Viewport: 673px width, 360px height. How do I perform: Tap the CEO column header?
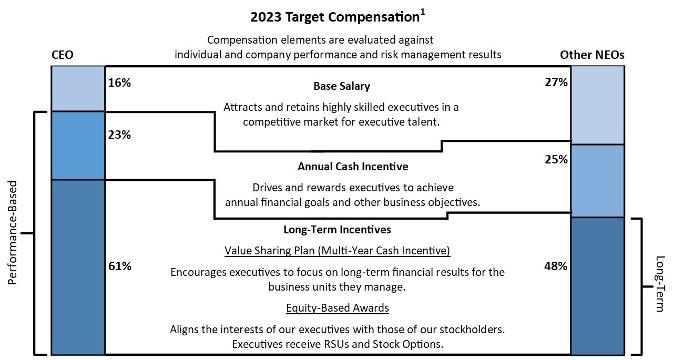(62, 55)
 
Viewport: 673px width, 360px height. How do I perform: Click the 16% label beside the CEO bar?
(119, 83)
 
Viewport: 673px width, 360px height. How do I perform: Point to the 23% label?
(119, 135)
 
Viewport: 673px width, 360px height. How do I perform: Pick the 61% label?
(119, 266)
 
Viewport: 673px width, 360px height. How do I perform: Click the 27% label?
(556, 83)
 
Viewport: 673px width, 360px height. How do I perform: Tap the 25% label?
(556, 159)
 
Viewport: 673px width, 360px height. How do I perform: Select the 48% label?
(556, 266)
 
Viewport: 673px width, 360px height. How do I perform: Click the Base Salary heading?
(342, 86)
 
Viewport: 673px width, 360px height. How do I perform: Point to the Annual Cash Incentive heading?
(353, 167)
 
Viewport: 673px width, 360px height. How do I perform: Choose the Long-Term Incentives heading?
(337, 230)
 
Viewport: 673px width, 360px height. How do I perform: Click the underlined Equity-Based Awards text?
(338, 307)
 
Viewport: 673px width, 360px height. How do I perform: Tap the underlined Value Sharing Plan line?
(338, 250)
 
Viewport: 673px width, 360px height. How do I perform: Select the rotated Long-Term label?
(660, 284)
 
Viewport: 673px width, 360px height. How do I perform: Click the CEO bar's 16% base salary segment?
(78, 88)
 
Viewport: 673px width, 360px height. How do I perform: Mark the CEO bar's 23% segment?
(78, 146)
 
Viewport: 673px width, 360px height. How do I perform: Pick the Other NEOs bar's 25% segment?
(597, 180)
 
